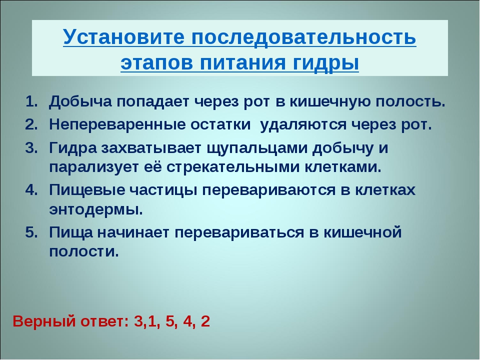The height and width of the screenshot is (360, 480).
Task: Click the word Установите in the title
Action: [x=123, y=37]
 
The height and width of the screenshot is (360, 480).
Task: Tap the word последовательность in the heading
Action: [x=304, y=38]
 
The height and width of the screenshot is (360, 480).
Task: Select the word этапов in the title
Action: [x=156, y=63]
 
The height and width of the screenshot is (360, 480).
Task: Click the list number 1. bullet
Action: [x=31, y=102]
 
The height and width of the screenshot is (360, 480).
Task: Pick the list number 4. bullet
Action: [x=31, y=190]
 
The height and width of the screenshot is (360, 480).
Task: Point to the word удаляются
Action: [x=303, y=125]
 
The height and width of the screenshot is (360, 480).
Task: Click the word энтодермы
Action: [x=96, y=210]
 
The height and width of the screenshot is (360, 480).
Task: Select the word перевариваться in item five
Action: [x=239, y=232]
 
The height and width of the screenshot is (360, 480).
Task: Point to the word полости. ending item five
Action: [x=84, y=252]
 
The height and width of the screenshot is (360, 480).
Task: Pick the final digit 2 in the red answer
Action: [x=205, y=321]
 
